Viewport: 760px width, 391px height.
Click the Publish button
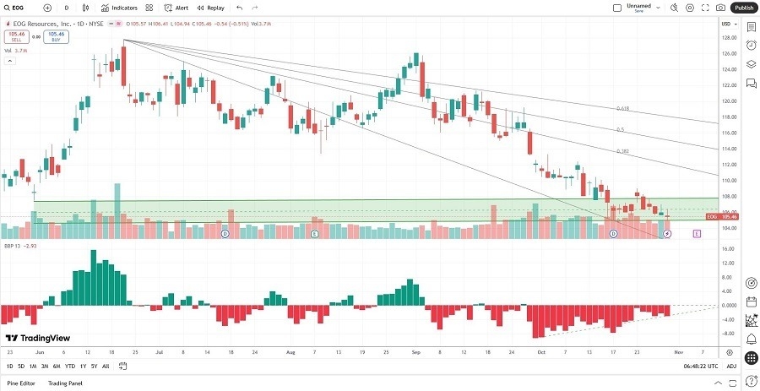pos(743,8)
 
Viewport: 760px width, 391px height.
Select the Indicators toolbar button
pos(119,8)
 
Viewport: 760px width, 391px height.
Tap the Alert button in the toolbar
pos(176,8)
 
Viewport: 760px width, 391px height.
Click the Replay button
pos(211,8)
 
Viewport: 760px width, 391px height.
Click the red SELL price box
pos(16,37)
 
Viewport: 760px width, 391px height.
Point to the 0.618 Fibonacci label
pos(622,108)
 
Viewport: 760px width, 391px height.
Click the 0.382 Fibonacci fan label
pos(622,151)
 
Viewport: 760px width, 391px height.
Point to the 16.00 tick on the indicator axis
pos(726,248)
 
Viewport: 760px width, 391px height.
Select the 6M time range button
pos(57,367)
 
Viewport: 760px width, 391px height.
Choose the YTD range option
pos(70,367)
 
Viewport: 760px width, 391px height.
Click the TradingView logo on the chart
pos(41,338)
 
